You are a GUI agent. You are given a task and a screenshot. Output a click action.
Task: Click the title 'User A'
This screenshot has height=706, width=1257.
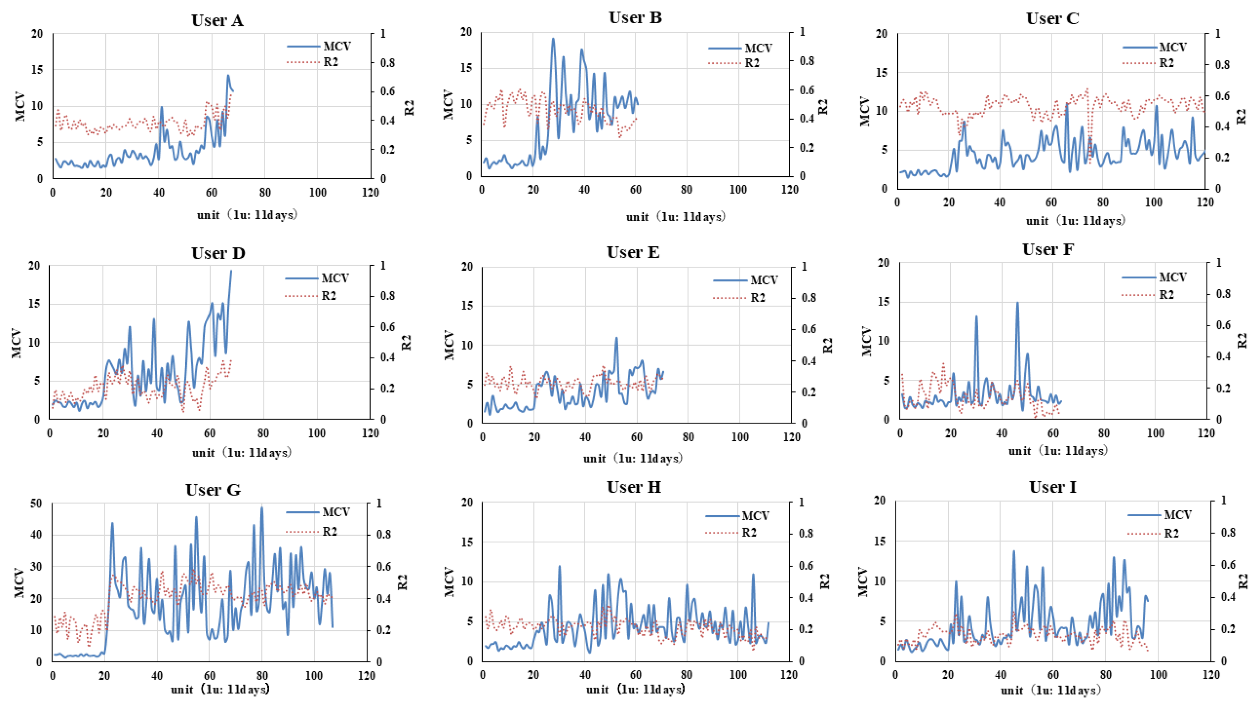pos(217,20)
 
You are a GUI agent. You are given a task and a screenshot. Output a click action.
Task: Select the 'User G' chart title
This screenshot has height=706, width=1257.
pos(213,490)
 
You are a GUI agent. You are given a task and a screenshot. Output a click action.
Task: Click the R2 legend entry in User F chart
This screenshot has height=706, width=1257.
pos(1166,295)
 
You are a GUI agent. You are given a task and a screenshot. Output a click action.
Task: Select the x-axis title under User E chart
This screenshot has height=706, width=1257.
pos(633,458)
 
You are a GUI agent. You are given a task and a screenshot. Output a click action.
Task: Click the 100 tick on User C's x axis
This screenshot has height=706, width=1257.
pos(1153,202)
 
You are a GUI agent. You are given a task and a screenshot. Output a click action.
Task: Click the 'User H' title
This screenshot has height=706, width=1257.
pos(634,487)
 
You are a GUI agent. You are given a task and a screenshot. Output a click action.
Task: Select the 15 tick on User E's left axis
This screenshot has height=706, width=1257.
pos(467,306)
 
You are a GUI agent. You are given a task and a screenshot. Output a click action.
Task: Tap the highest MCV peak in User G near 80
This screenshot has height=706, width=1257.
pos(261,507)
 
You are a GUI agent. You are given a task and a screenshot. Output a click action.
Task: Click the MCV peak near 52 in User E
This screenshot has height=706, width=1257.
pos(616,338)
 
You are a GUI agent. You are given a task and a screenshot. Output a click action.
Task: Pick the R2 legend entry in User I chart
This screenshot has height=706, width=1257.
pos(1171,534)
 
